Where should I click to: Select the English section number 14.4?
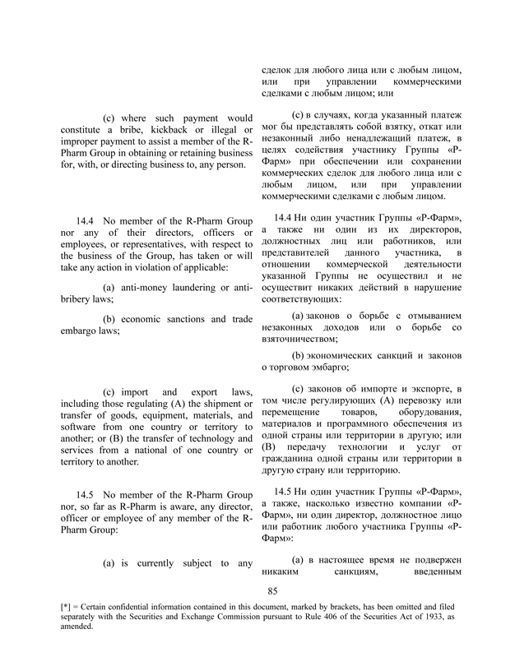(86, 220)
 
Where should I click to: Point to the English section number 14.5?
(86, 495)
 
